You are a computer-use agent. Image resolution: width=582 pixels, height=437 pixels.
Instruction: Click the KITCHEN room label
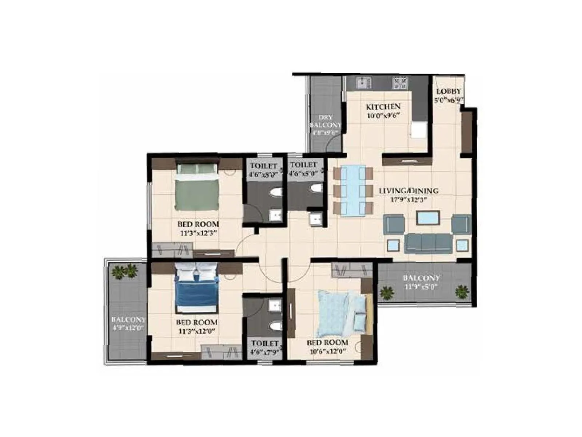coord(383,107)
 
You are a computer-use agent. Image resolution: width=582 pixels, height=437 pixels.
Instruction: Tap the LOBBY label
coord(448,91)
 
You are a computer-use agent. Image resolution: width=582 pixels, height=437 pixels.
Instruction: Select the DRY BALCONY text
coord(325,121)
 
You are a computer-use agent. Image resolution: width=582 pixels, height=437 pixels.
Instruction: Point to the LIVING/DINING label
coord(408,190)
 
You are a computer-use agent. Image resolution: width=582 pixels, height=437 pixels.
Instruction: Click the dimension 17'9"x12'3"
coord(408,200)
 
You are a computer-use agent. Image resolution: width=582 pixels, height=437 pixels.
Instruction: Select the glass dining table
coord(353,191)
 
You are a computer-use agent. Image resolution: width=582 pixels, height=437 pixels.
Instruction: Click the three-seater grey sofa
coord(428,243)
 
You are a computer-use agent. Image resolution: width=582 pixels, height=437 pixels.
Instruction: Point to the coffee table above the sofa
coord(428,218)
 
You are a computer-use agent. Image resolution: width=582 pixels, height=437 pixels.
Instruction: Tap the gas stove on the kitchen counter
coord(400,83)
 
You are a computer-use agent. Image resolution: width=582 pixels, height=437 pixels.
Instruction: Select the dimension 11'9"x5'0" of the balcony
coord(421,287)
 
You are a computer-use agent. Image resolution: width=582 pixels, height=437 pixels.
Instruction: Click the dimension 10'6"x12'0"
coord(327,351)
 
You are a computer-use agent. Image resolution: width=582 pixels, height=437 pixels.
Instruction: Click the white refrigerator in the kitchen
coord(419,130)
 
